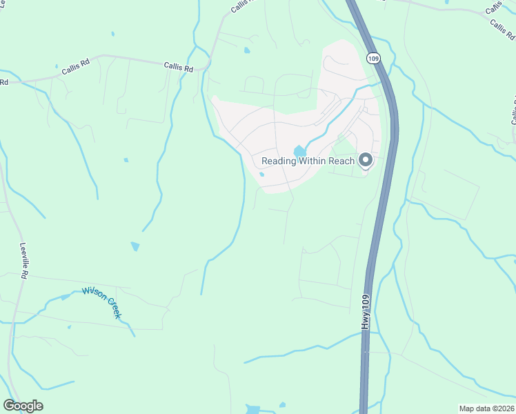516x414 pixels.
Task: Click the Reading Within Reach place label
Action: point(308,161)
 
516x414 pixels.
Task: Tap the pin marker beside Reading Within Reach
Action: point(366,160)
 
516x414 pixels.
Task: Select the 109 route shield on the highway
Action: point(373,58)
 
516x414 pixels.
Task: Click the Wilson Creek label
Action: point(102,302)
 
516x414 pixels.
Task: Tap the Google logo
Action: point(23,406)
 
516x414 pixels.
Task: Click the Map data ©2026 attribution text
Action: point(486,408)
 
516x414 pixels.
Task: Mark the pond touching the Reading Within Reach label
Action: point(300,150)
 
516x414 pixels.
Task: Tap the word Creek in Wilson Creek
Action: point(113,308)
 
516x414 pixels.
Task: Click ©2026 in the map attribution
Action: point(502,408)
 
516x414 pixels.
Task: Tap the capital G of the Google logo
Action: point(10,406)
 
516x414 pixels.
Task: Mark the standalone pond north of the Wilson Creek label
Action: point(135,246)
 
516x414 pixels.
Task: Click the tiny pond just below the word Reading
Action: point(262,174)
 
